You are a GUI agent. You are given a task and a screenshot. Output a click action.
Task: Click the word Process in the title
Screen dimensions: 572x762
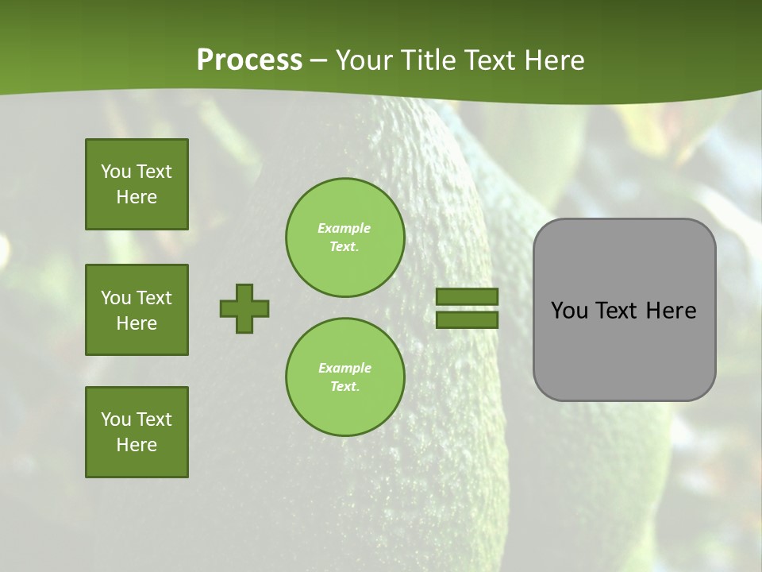[x=249, y=60]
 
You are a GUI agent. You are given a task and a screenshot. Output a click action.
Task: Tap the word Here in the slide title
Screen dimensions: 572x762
[x=553, y=60]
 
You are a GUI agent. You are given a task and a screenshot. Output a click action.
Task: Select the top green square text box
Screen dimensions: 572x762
[x=137, y=184]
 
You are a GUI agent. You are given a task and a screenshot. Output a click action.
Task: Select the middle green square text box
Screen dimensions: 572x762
[x=137, y=310]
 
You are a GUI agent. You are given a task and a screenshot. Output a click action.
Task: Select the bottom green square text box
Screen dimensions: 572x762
[x=137, y=432]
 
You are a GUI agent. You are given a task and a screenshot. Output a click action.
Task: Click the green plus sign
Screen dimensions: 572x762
[x=244, y=308]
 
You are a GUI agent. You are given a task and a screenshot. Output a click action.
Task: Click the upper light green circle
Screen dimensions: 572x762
[x=345, y=238]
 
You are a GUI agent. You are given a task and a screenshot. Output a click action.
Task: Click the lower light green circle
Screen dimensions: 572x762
[x=345, y=377]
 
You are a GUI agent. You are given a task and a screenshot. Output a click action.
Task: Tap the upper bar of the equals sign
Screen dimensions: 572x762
[x=467, y=297]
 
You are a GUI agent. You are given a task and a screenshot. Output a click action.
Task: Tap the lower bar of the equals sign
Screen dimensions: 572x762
[x=467, y=319]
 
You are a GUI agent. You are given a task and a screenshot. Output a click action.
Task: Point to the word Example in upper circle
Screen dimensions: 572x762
[x=344, y=228]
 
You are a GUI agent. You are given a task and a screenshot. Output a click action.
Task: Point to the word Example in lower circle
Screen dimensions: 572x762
[x=344, y=368]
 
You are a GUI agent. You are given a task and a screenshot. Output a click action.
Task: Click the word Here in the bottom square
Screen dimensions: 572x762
[x=137, y=445]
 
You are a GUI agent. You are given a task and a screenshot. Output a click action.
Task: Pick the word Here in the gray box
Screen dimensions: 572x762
[x=671, y=311]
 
